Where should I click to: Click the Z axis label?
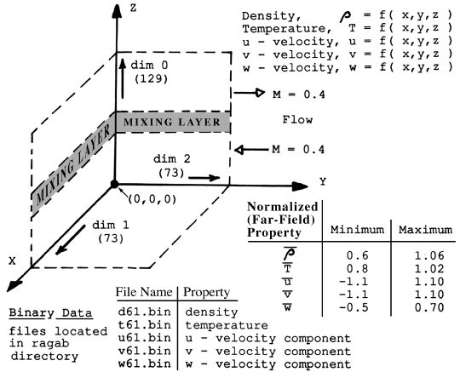pos(134,8)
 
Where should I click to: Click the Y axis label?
pos(323,182)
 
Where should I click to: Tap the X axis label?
pos(12,260)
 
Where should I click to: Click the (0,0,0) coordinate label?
pos(152,200)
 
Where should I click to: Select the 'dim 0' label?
pos(149,65)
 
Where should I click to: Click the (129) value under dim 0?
pos(151,79)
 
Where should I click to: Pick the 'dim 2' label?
pos(172,159)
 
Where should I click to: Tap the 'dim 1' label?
pos(111,225)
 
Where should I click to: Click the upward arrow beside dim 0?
pos(123,78)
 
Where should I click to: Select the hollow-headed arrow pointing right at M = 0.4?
pos(250,93)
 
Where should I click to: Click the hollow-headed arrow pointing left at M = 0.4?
pos(251,150)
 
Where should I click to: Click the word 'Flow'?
pos(297,120)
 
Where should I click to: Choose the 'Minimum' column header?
pos(357,230)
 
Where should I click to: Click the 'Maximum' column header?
pos(425,230)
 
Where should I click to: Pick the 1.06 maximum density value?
pos(429,255)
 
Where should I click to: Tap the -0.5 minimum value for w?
pos(354,307)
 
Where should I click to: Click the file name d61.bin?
pos(144,312)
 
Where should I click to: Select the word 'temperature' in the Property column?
pos(227,325)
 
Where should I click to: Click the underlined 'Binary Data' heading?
pos(50,313)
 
